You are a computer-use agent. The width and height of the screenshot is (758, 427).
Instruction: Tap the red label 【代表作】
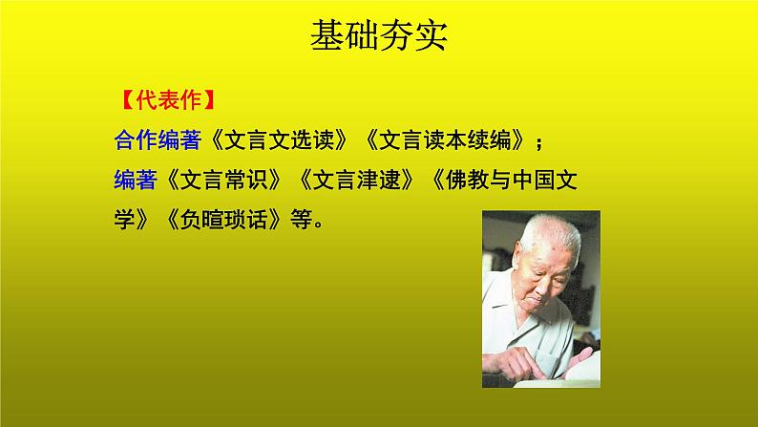pyautogui.click(x=162, y=98)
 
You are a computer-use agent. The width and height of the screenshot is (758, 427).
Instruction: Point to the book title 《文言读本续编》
pyautogui.click(x=445, y=140)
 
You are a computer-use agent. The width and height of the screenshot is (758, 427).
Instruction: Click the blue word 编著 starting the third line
pyautogui.click(x=135, y=181)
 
